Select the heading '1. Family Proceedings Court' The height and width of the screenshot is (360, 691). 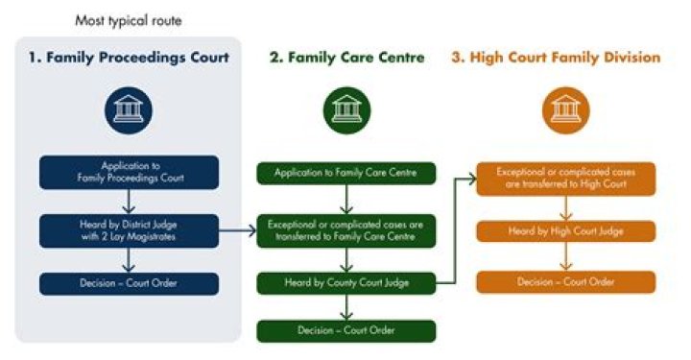tap(129, 58)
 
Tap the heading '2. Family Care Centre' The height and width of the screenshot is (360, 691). tap(346, 58)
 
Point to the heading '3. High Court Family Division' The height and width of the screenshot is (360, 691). tap(556, 58)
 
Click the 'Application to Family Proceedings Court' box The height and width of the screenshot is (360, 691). tap(129, 172)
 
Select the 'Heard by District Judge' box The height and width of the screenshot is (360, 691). tap(129, 230)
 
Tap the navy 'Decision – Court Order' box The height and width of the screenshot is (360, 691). tap(129, 284)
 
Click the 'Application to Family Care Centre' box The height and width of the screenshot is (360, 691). tap(346, 174)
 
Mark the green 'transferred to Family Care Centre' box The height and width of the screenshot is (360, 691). tap(346, 230)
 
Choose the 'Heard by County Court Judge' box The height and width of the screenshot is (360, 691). tap(346, 282)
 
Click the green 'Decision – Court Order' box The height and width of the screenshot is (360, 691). tap(346, 331)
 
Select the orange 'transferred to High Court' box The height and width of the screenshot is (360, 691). tap(565, 178)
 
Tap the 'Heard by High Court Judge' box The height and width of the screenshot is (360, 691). tap(565, 231)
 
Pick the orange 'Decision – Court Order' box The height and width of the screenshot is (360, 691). tap(565, 282)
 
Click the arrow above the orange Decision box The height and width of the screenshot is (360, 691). tap(565, 257)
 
